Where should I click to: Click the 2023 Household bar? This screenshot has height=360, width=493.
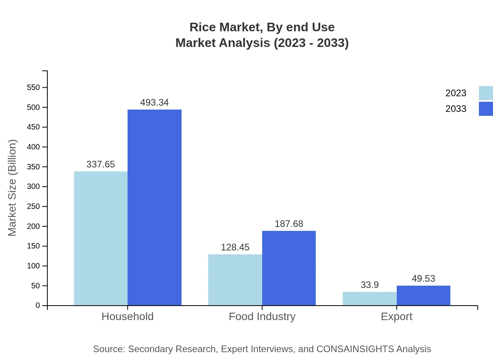click(101, 238)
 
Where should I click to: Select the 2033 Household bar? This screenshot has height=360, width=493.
click(155, 207)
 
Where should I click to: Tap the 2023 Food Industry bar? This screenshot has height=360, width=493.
click(235, 280)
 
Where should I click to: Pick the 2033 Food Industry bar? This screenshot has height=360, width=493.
click(289, 268)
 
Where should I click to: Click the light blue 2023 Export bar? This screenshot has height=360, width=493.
click(369, 299)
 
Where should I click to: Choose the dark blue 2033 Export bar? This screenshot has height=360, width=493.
click(423, 295)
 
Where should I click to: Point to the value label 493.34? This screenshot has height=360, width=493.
click(155, 103)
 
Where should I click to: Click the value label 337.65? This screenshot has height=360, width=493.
click(101, 164)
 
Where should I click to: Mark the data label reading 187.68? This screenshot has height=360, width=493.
click(289, 224)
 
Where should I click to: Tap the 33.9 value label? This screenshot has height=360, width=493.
click(369, 285)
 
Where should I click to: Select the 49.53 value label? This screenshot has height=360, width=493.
click(423, 279)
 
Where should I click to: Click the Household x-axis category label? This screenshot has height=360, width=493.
click(128, 317)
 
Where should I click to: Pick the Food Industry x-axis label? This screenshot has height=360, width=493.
click(262, 317)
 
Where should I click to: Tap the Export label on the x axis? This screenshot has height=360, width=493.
click(396, 317)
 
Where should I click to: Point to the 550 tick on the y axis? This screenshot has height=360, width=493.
click(34, 87)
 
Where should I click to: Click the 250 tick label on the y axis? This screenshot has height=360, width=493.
click(34, 207)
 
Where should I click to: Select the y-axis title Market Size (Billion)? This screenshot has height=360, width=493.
click(12, 188)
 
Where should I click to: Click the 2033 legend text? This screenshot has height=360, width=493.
click(456, 109)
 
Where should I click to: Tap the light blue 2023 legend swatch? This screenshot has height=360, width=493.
click(486, 93)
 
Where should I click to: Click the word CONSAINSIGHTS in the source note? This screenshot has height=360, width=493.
click(355, 349)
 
